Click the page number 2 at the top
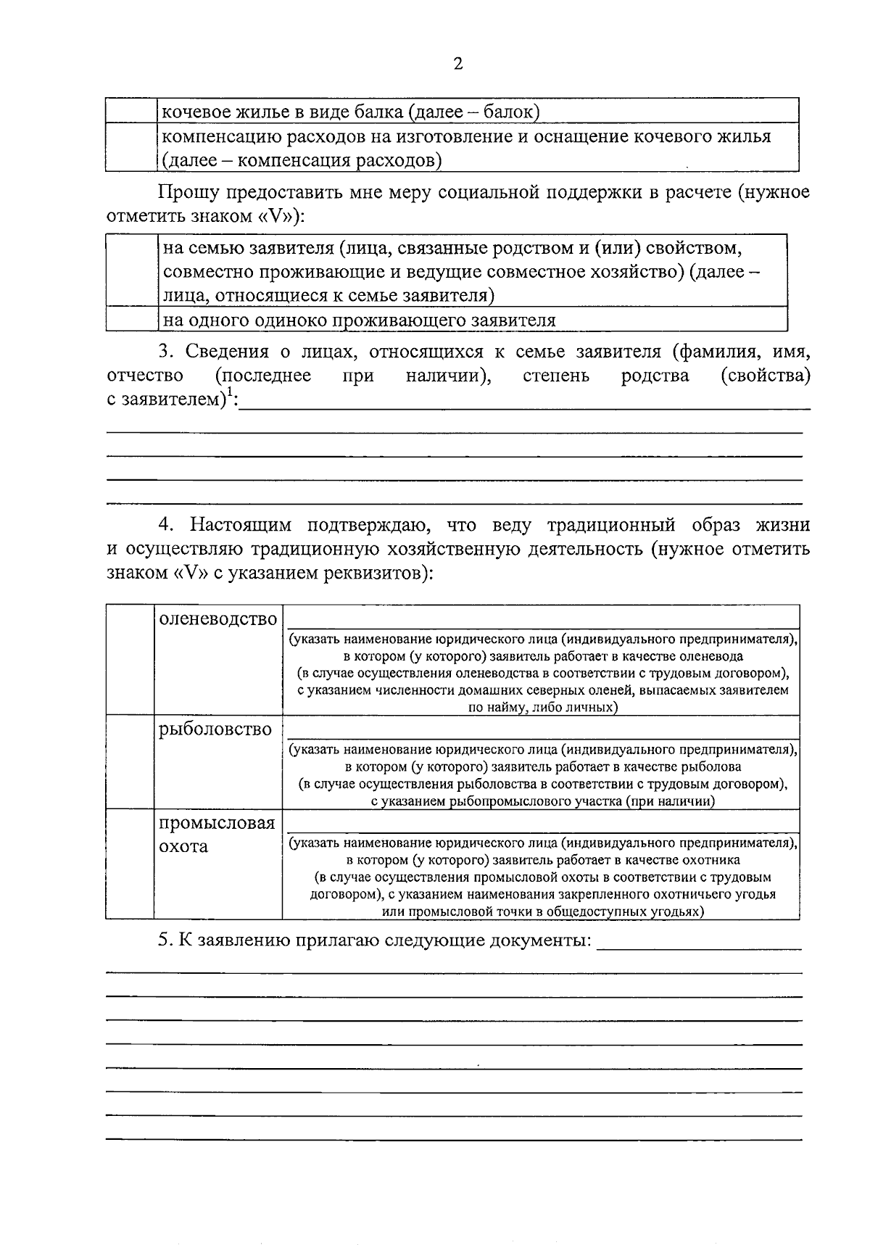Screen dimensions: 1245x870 457,64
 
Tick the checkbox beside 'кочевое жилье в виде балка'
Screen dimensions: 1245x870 131,111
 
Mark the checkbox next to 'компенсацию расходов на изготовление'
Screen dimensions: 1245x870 131,147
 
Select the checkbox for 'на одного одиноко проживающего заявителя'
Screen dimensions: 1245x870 131,319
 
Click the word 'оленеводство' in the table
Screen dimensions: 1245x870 218,619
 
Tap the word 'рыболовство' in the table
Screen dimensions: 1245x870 215,729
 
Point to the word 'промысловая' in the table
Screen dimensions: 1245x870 217,823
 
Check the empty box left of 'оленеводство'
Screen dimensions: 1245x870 130,659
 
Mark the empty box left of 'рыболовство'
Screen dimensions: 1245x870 130,761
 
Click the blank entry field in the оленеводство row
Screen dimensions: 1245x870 541,618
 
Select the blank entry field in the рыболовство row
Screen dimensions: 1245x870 541,727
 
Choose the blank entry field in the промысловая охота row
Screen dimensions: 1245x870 541,822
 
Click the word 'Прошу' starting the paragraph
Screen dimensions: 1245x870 186,193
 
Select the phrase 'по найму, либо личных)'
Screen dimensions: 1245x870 542,707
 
